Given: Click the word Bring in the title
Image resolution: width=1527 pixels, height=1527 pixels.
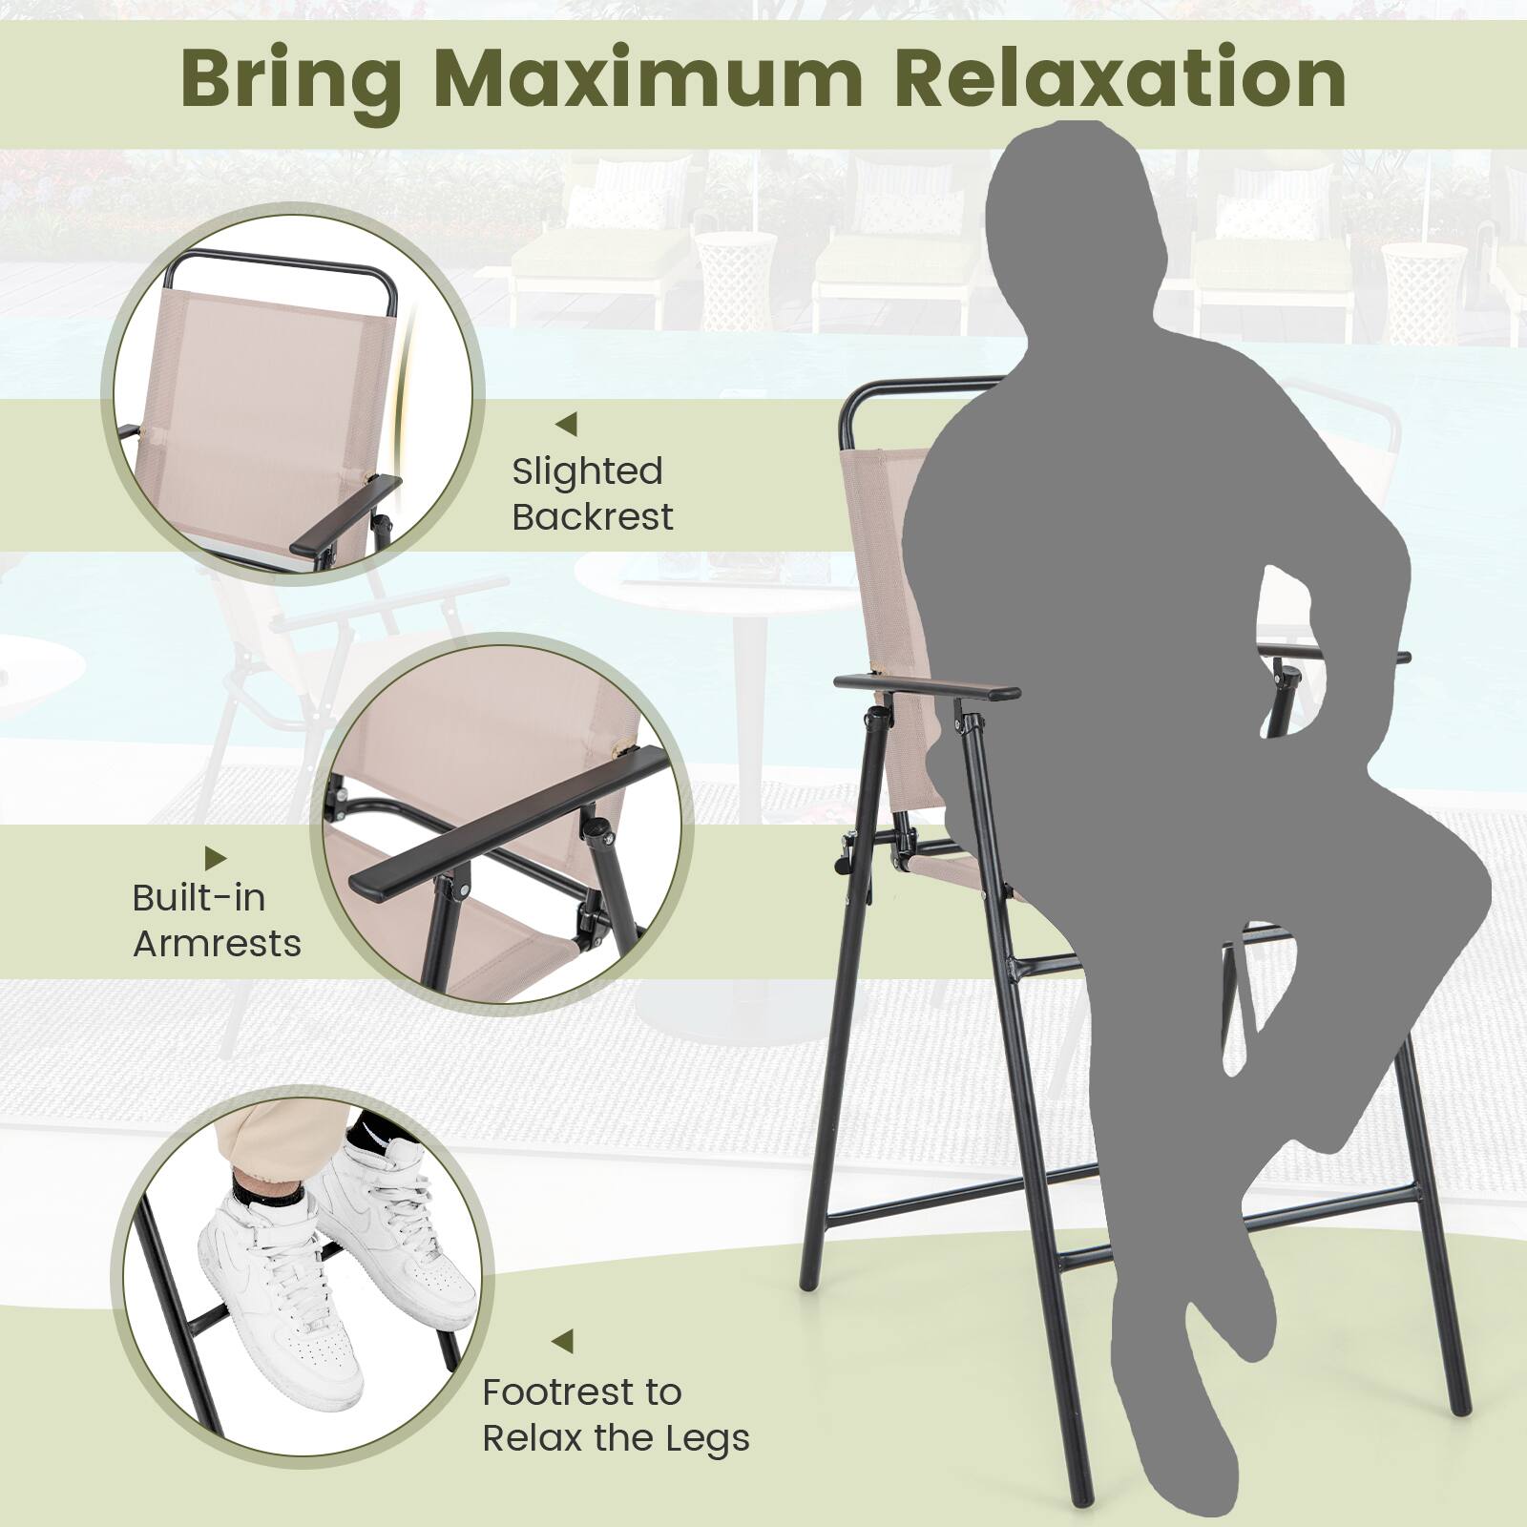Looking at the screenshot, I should tap(290, 80).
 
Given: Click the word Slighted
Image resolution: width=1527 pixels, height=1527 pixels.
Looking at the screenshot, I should tap(587, 471).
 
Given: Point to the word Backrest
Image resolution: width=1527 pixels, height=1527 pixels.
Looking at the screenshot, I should tap(593, 517).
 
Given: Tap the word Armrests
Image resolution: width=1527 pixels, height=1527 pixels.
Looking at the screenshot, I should tap(217, 944).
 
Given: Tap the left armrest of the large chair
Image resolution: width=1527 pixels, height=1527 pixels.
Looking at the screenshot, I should tap(921, 686).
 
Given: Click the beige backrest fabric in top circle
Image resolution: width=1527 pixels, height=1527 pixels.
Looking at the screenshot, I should tap(258, 382).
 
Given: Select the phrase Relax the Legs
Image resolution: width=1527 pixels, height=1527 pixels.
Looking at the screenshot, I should tap(616, 1438).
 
